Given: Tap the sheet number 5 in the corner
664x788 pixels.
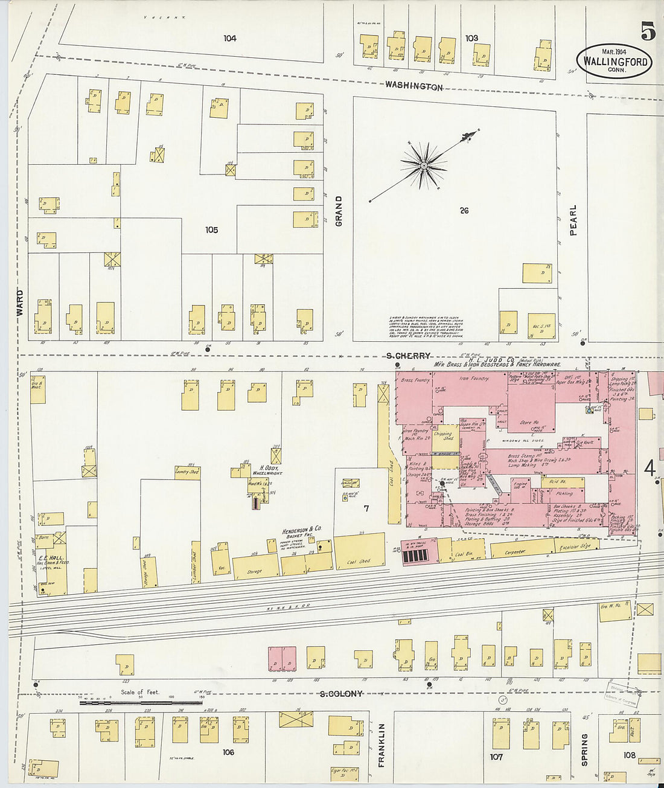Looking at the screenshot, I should point(648,31).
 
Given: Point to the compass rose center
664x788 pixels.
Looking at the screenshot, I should point(424,164).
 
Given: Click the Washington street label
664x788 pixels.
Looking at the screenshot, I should point(414,86).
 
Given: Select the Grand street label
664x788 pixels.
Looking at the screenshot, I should point(339,211).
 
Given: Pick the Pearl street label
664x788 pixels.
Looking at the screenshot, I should point(572,220).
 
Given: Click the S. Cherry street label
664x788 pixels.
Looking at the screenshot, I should point(409,356).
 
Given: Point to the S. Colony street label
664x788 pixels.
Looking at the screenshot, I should point(341,694).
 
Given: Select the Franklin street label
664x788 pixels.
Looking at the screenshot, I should point(381,745).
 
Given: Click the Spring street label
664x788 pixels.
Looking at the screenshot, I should point(584,749).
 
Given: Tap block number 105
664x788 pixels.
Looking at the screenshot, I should point(211,230).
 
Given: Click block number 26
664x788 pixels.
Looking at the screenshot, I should point(464,211).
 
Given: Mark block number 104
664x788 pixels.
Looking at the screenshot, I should point(229,39).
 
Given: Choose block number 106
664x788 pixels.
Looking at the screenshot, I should point(228,752).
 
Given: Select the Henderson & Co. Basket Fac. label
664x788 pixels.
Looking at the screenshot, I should point(302,532).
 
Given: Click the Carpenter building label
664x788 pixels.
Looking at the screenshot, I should point(515,551).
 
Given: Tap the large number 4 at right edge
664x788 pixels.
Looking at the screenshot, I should point(650,469).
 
